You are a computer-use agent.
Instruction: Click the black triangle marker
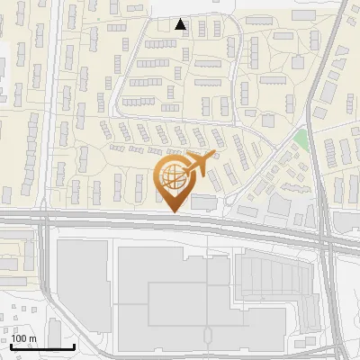coord(182,24)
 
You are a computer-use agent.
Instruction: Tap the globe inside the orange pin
coord(172,177)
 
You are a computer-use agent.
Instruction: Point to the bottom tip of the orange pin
coord(173,211)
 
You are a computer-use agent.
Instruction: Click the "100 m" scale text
coord(24,337)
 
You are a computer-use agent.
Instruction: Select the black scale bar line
coord(42,346)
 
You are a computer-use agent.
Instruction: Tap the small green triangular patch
coord(300,139)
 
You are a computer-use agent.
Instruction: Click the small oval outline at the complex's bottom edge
coord(209,335)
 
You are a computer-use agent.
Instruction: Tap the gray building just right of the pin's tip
coord(203,202)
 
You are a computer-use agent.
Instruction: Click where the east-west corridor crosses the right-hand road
coord(325,236)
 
